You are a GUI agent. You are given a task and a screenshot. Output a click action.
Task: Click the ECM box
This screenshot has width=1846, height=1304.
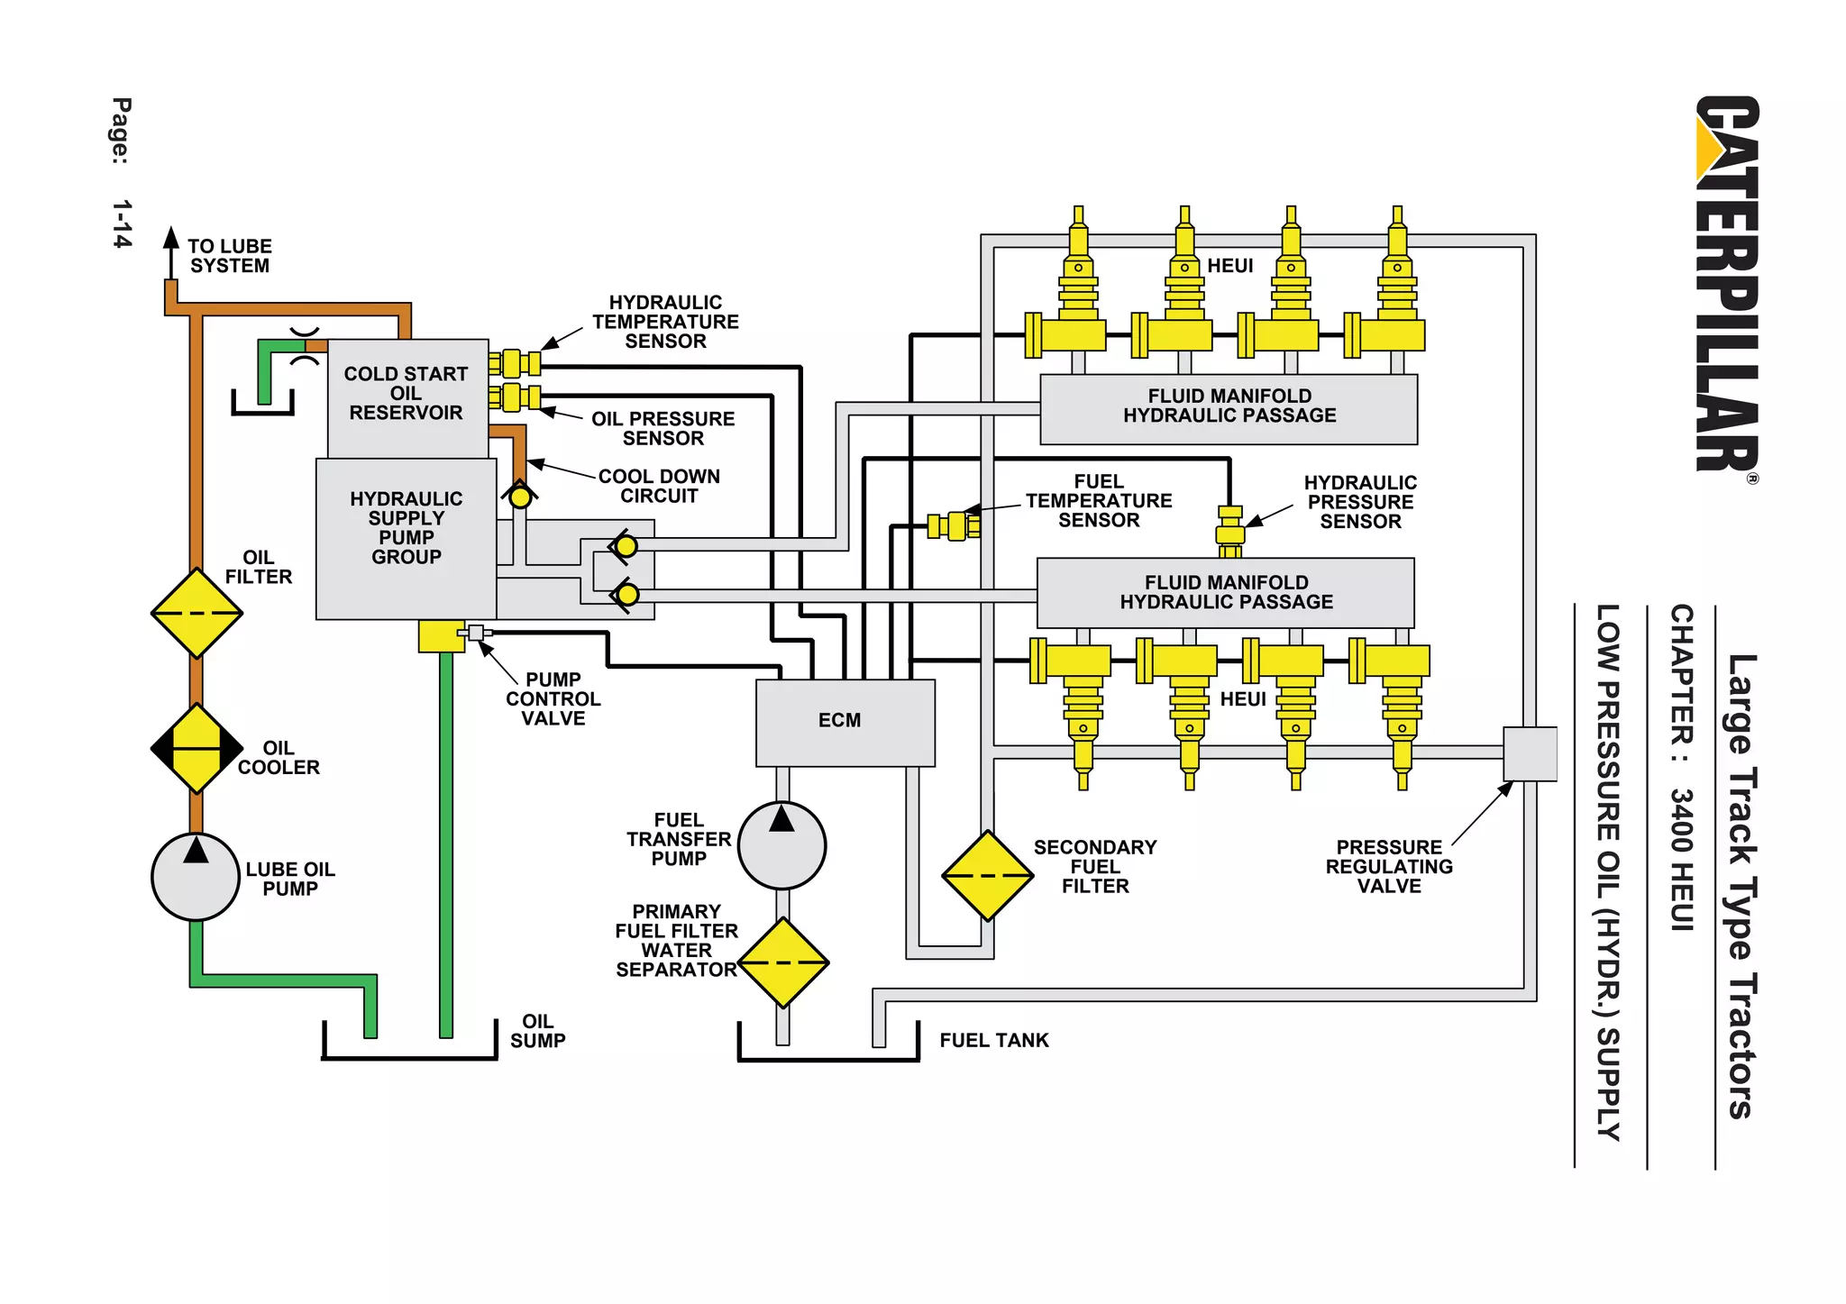(845, 723)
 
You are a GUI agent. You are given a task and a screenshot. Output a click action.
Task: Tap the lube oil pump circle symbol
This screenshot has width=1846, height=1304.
(196, 877)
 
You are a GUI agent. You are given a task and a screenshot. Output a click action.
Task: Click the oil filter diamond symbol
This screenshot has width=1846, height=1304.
(196, 613)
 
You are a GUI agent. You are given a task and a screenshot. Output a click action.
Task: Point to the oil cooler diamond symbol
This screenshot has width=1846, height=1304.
(196, 748)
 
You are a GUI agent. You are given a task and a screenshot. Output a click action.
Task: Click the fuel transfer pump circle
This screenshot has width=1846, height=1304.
(781, 844)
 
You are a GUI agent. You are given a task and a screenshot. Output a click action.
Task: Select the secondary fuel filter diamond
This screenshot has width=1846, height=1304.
(988, 875)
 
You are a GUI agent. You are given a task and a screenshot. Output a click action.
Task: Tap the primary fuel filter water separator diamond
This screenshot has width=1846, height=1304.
(782, 962)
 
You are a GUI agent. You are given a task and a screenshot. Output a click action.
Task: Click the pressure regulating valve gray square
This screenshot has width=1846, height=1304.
(1530, 753)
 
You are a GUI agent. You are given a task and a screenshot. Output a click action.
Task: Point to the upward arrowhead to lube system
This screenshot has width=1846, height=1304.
(171, 238)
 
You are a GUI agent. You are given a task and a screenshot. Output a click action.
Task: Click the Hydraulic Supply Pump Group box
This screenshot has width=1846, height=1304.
(406, 538)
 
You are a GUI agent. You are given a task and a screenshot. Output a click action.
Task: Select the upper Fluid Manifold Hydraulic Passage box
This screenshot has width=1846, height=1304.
(1229, 408)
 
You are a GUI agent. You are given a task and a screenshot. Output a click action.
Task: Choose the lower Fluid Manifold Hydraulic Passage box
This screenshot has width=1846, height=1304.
(1225, 592)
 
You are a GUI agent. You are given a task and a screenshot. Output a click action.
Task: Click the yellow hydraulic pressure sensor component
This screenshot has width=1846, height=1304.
(1229, 532)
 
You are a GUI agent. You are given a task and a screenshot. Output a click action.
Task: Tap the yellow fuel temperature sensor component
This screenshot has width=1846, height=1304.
(955, 525)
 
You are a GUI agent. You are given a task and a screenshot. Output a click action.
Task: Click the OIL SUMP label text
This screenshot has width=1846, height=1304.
(537, 1030)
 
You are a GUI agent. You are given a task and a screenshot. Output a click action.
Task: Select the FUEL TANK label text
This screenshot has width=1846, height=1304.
(993, 1040)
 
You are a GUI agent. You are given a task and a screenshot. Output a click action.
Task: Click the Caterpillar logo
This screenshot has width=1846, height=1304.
(1726, 284)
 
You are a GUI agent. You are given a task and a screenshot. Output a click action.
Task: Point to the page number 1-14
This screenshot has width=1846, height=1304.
(122, 223)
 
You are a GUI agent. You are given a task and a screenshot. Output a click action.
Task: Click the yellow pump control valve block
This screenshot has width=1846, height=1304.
(441, 636)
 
